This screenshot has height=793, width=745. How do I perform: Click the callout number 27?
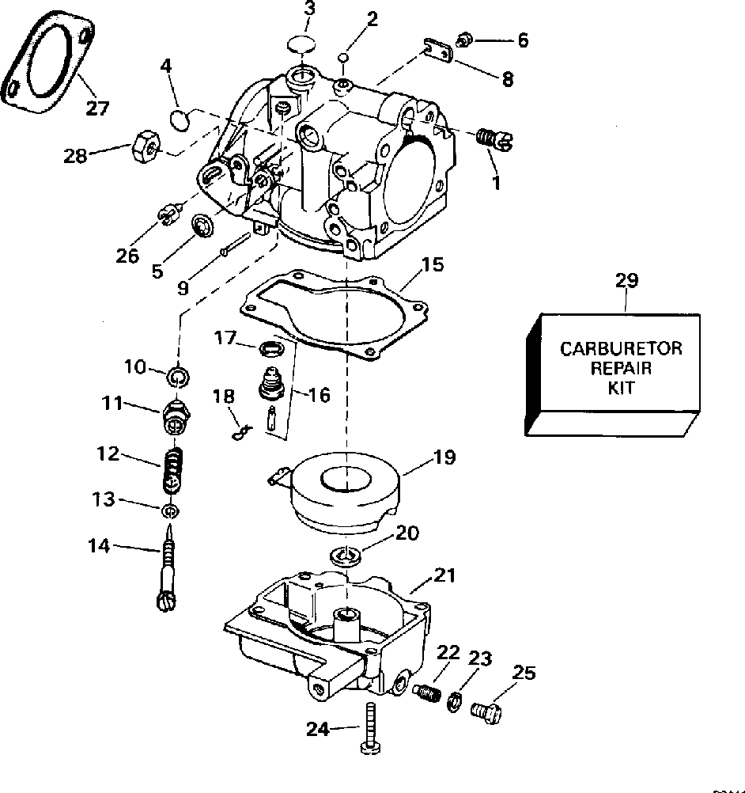pyautogui.click(x=97, y=108)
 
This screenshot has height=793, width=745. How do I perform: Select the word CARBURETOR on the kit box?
pyautogui.click(x=621, y=348)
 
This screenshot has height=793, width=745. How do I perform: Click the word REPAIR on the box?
pyautogui.click(x=621, y=368)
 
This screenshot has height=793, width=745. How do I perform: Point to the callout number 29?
pyautogui.click(x=626, y=280)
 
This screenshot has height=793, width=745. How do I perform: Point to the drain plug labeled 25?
pyautogui.click(x=486, y=712)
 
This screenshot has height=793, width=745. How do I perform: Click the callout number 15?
pyautogui.click(x=433, y=264)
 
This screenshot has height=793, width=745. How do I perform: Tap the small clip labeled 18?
pyautogui.click(x=241, y=432)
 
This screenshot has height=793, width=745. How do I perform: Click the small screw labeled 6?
pyautogui.click(x=464, y=39)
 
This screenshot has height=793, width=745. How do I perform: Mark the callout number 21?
pyautogui.click(x=444, y=575)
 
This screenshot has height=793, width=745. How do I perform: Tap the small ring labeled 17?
pyautogui.click(x=268, y=348)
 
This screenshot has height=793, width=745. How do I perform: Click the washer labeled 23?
pyautogui.click(x=455, y=701)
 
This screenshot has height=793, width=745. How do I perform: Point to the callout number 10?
pyautogui.click(x=135, y=366)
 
